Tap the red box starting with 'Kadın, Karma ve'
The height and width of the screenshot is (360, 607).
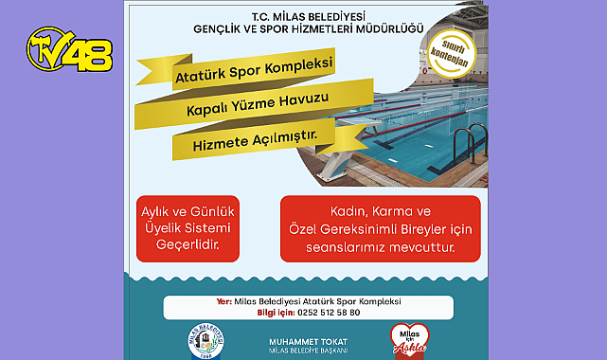click(x=379, y=228)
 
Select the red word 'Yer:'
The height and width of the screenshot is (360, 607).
click(x=223, y=301)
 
